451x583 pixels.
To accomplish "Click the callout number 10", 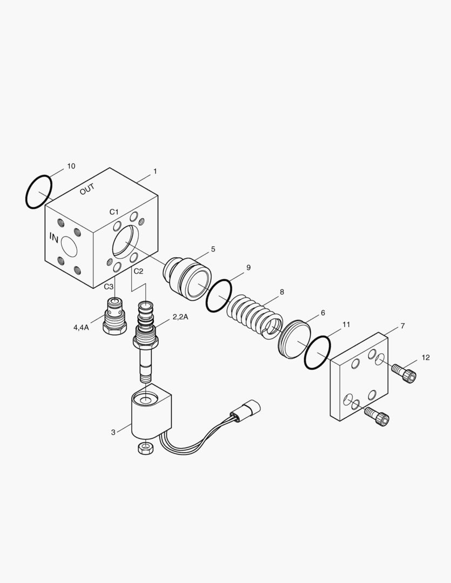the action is (x=71, y=166).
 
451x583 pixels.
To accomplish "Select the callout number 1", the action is (x=155, y=172).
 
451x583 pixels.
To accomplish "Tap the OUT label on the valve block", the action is (x=87, y=189).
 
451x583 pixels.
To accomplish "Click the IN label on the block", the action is (x=54, y=238).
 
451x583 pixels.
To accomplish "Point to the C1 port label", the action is (x=114, y=212).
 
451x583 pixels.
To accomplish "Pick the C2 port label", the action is (x=138, y=271).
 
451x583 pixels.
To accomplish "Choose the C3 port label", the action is (x=109, y=287).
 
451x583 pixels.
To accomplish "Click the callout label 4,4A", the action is (x=81, y=328).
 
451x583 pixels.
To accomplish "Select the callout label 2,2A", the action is (x=180, y=317).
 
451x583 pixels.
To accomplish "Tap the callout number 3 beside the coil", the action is (x=113, y=432).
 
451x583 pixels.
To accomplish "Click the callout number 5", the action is (x=213, y=249).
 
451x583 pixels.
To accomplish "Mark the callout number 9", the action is (x=248, y=267).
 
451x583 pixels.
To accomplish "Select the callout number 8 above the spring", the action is (x=282, y=292).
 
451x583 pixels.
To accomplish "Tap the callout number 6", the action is (x=322, y=313).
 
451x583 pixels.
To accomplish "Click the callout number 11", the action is (x=346, y=324).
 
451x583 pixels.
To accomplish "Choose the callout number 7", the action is (x=402, y=326).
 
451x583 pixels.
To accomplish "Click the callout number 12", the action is (x=426, y=358).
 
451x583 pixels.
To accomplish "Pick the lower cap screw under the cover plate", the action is (x=376, y=416).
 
